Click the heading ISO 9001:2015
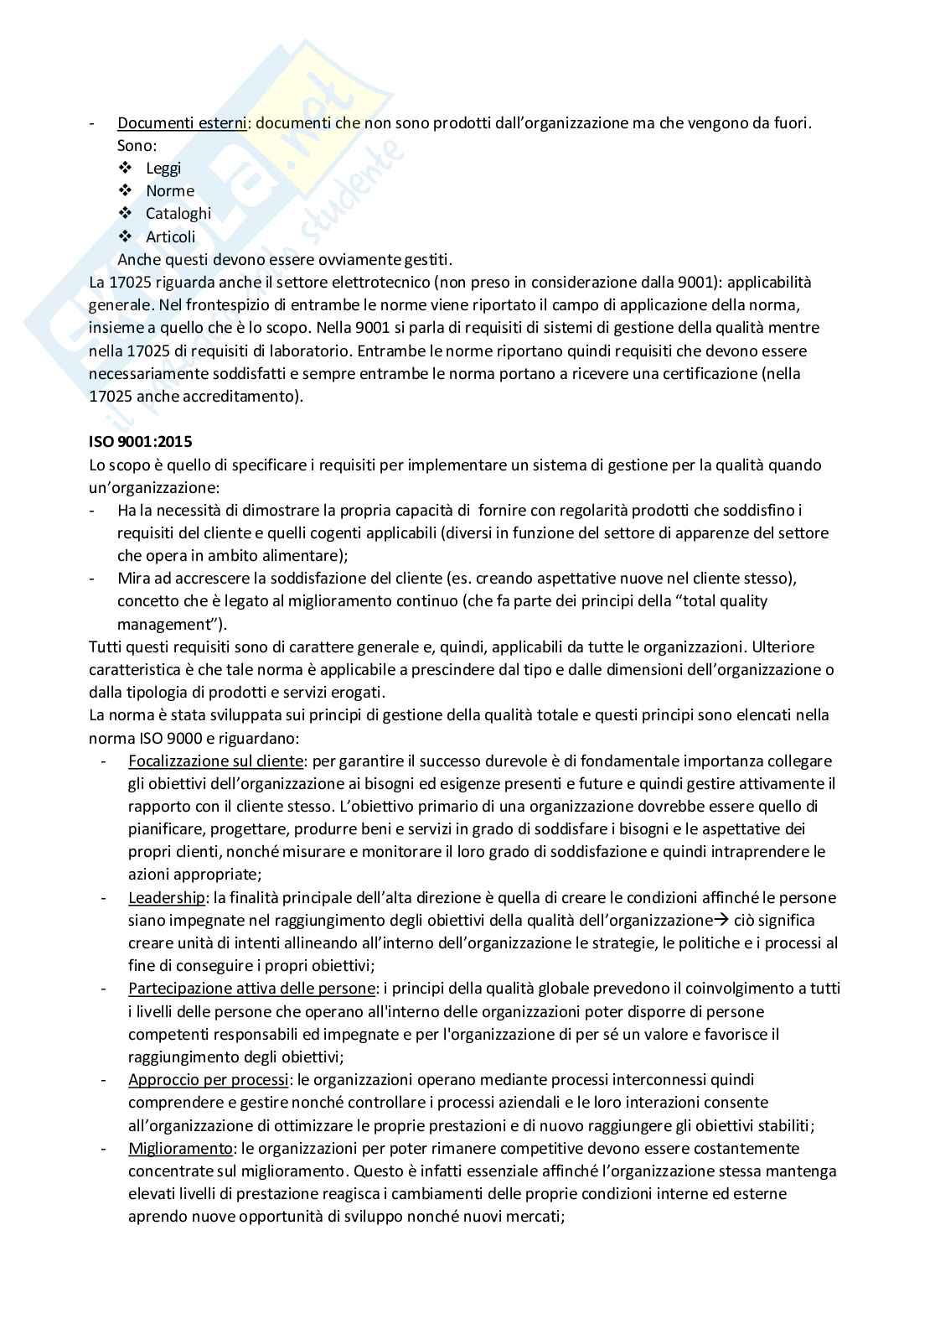click(140, 441)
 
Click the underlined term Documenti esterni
click(182, 123)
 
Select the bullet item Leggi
click(163, 169)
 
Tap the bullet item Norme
click(170, 191)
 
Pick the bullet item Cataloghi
click(178, 214)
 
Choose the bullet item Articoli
click(171, 237)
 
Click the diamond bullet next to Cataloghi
click(126, 213)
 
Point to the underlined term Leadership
click(166, 898)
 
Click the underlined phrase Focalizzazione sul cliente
click(215, 761)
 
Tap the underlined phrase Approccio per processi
click(209, 1080)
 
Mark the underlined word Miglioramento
click(180, 1149)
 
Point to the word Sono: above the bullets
click(137, 146)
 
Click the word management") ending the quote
click(171, 625)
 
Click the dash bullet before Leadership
click(104, 898)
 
